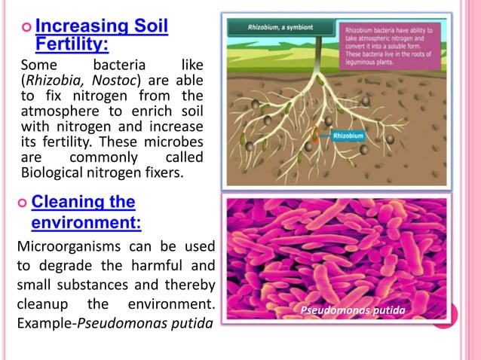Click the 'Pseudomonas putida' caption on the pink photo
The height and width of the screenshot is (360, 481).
tap(353, 310)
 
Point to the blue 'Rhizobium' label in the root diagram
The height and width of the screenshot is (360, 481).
tap(350, 136)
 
